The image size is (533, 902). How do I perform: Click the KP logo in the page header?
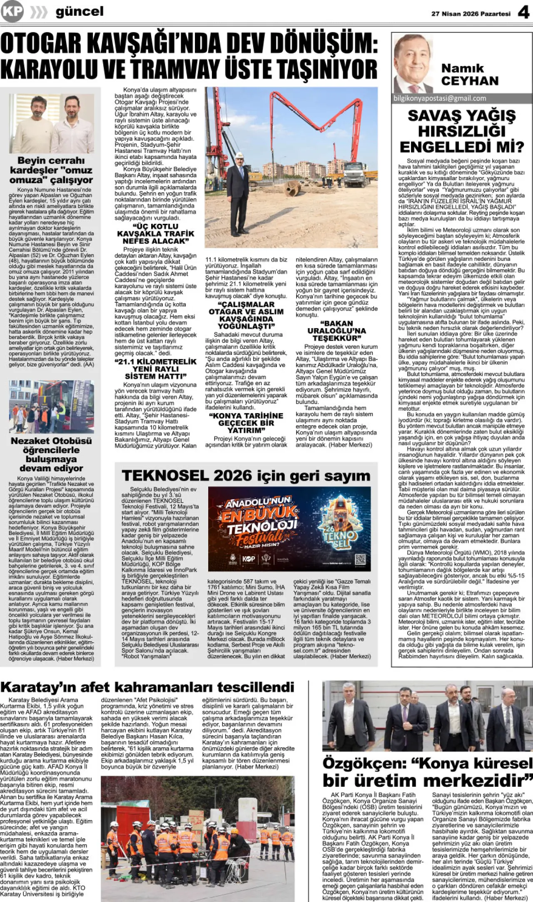[12, 11]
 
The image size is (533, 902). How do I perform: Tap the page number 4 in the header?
[523, 12]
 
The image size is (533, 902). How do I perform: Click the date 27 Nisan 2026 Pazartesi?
[471, 14]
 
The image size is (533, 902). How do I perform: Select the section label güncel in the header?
[79, 12]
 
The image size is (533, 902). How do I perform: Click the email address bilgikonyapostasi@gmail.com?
[440, 99]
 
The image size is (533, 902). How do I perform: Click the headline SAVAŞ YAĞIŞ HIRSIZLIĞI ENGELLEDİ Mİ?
[462, 131]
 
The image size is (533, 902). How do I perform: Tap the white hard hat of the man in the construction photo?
[240, 155]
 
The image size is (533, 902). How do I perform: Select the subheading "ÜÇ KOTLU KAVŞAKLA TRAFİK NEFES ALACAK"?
[156, 233]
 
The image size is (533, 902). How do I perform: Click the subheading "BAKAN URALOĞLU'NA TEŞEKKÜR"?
[336, 331]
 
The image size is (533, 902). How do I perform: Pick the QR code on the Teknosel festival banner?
[360, 559]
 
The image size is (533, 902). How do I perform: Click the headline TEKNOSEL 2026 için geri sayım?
[246, 476]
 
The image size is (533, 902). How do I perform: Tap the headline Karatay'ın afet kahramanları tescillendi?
[147, 687]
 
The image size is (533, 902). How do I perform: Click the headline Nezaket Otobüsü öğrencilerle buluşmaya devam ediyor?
[52, 454]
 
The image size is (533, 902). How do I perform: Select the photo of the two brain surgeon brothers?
[52, 123]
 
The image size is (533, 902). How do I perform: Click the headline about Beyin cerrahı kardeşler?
[52, 170]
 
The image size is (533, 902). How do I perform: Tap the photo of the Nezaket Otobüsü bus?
[52, 406]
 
